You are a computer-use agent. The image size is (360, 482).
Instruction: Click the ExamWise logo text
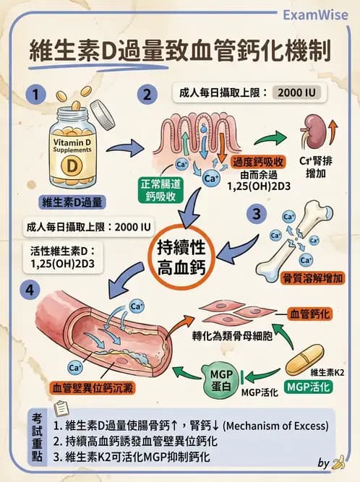point(316,15)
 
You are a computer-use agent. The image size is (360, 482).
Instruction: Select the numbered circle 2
point(147,95)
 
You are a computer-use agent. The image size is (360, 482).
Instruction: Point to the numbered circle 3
point(254,214)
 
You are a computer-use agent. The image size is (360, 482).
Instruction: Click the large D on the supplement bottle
point(72,163)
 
